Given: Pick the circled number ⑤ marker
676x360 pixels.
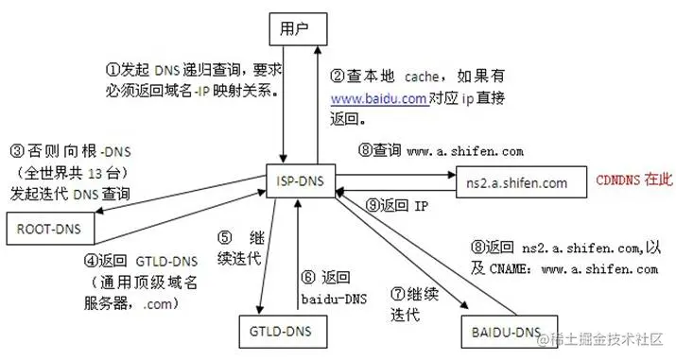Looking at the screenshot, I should [x=224, y=238].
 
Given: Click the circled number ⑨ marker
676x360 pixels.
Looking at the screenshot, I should [x=373, y=203].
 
